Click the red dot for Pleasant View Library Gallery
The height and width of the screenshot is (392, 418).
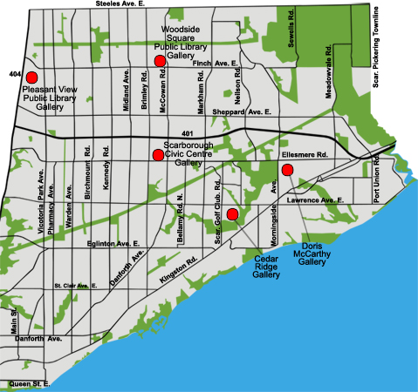[31, 78]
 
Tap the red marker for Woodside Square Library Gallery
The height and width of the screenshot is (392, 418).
[160, 60]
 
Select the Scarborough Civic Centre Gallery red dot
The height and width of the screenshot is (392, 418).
[158, 155]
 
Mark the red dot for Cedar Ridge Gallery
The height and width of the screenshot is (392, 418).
[232, 214]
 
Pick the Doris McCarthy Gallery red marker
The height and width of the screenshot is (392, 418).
[286, 169]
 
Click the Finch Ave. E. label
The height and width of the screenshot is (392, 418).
[215, 64]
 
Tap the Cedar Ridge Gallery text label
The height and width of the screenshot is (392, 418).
[266, 265]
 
